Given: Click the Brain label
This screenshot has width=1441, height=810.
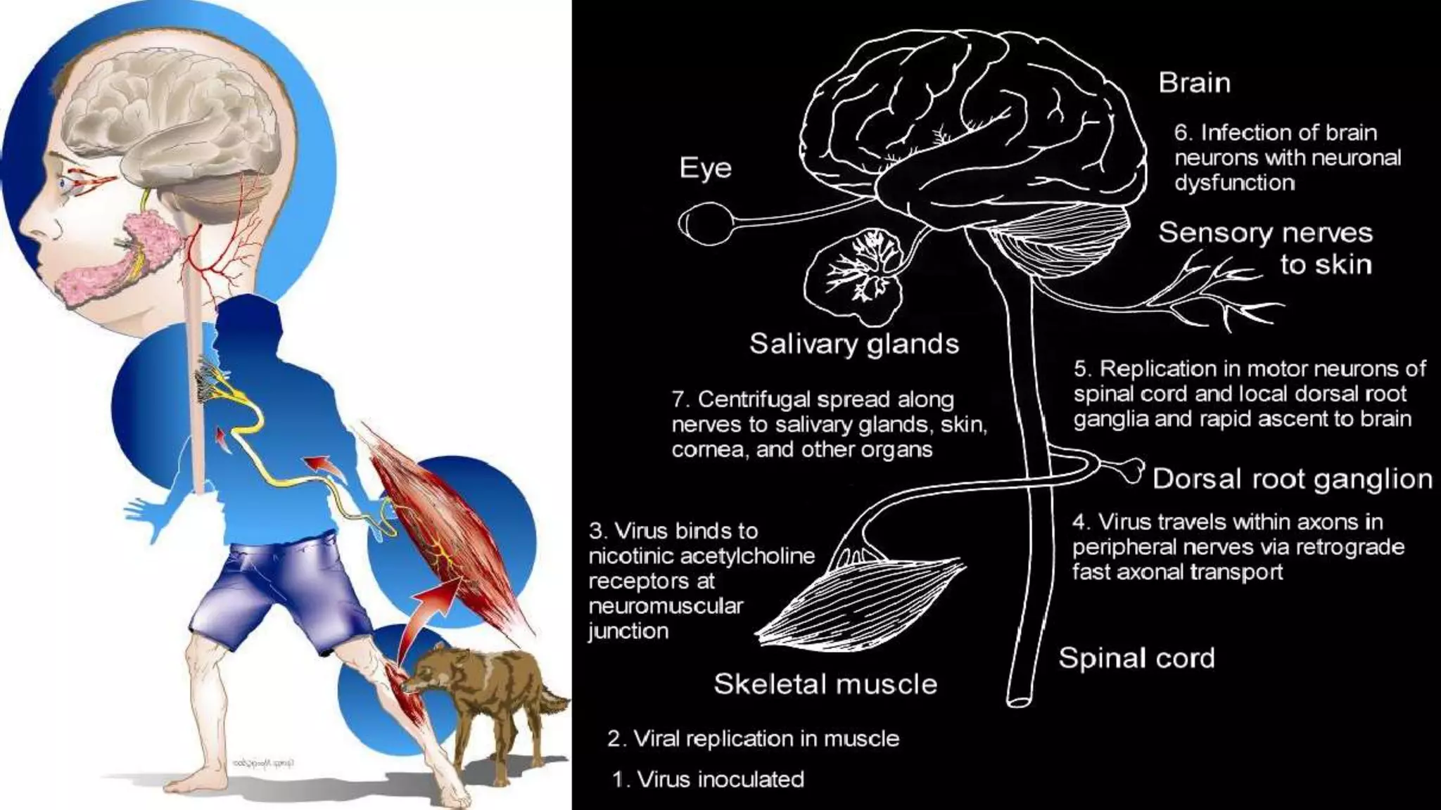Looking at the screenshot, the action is [1194, 83].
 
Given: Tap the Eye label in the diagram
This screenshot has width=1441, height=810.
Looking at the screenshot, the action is [705, 168].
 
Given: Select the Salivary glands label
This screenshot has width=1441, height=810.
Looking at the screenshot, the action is [853, 344].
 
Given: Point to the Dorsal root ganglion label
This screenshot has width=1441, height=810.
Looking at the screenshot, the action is [1293, 479].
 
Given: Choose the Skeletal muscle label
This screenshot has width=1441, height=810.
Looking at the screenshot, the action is [825, 684].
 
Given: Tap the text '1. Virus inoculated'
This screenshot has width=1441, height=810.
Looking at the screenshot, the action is [708, 779].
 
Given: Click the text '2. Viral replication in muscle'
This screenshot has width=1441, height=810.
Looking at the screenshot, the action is [753, 738].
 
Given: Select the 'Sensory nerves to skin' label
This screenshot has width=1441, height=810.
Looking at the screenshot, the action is [1265, 248].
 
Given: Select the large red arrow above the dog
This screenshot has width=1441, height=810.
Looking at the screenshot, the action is [429, 612].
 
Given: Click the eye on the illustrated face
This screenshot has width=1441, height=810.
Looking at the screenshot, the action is [65, 184].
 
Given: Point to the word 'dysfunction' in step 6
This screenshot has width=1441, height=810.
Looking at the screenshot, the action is [1233, 183].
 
